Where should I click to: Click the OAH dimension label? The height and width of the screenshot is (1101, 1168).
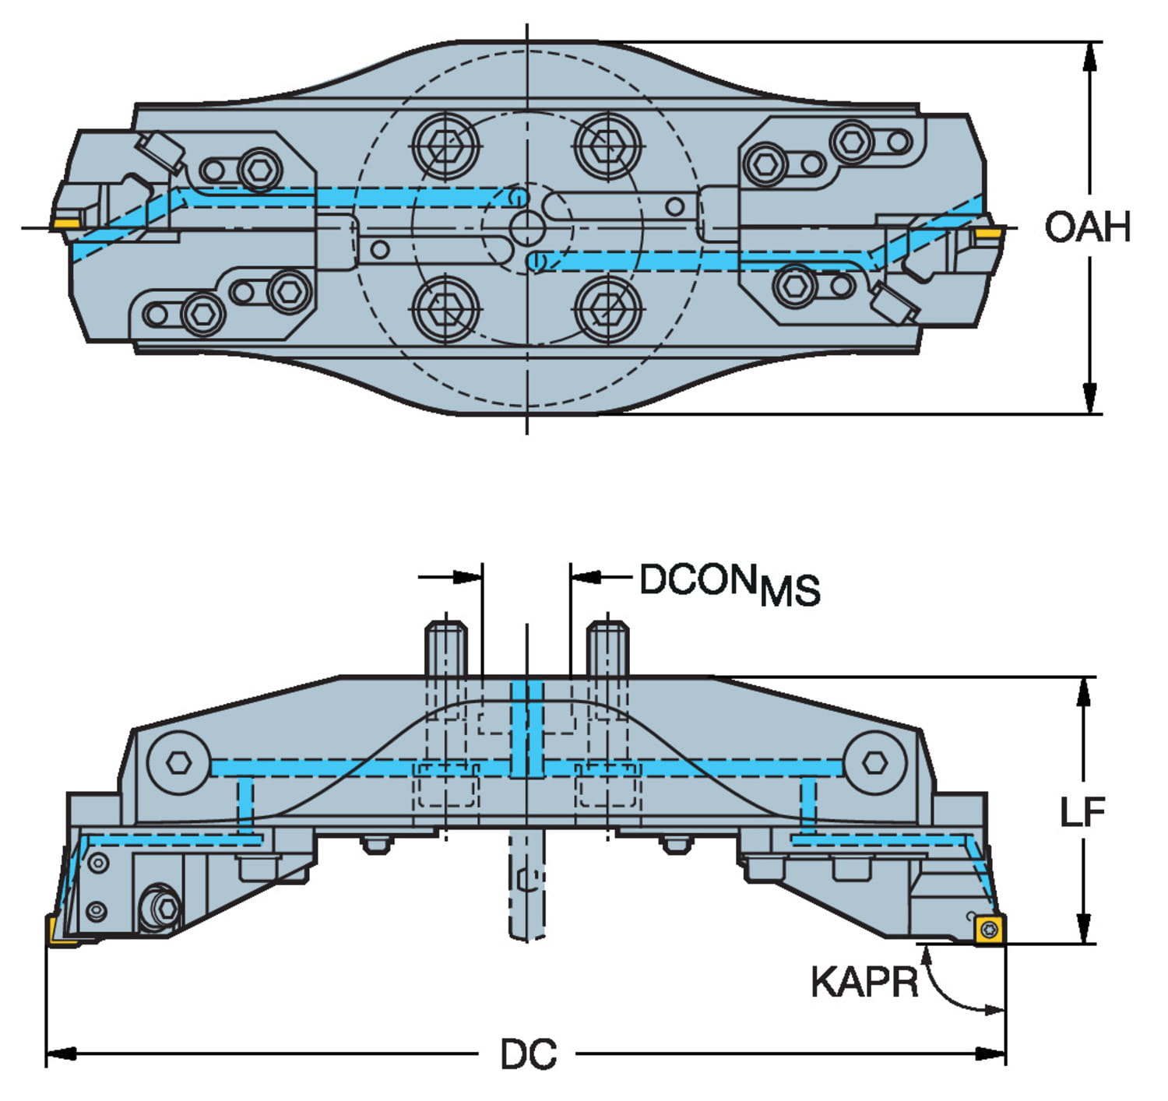pos(1086,227)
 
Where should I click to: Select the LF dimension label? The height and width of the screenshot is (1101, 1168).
pos(1082,813)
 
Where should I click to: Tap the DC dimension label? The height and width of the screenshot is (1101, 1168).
pos(528,1055)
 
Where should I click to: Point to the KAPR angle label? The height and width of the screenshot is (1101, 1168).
pos(864,982)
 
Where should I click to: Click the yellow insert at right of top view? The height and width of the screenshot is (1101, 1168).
pos(989,233)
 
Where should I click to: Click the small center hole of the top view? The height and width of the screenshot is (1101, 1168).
pos(528,228)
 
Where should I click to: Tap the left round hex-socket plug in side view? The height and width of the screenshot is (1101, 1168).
pos(178,762)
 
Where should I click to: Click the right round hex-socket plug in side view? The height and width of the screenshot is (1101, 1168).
pos(874,762)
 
